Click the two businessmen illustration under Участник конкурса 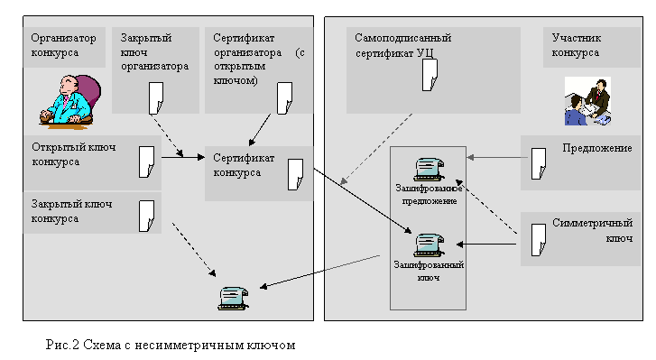click(x=587, y=101)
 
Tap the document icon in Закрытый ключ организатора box click(x=156, y=97)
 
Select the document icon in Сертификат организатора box click(x=284, y=97)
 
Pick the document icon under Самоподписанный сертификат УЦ click(x=430, y=75)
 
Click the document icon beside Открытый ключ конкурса click(x=146, y=162)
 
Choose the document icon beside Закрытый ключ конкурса click(x=146, y=217)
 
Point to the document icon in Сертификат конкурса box click(x=295, y=175)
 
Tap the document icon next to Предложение click(x=539, y=163)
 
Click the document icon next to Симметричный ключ click(x=539, y=240)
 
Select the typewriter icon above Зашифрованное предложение click(x=429, y=170)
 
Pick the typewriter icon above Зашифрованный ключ click(x=429, y=245)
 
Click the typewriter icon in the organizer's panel click(x=233, y=299)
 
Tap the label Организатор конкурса click(x=63, y=45)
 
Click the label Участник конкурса click(x=576, y=45)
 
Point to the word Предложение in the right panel click(x=597, y=149)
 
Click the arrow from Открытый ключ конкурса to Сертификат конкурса click(x=183, y=157)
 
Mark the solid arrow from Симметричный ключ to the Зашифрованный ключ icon click(x=486, y=245)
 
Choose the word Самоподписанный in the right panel click(x=402, y=38)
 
